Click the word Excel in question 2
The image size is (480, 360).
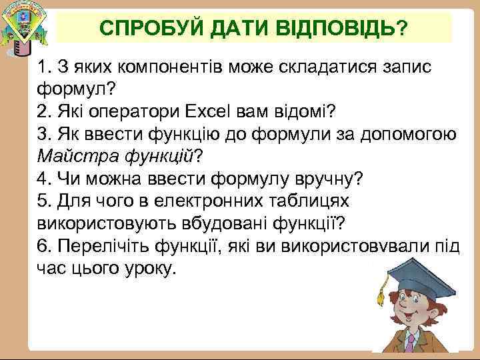[212, 111]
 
